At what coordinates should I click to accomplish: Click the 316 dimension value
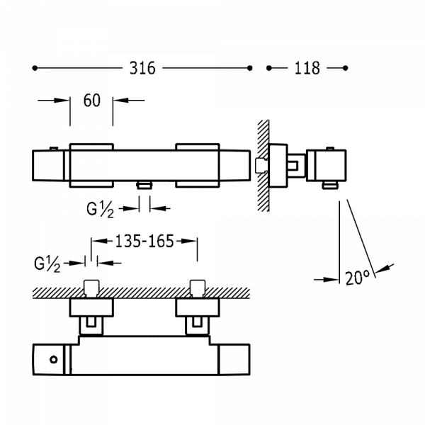tap(142, 68)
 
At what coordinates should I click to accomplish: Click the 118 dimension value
tap(307, 68)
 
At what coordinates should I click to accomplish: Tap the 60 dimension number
tap(92, 101)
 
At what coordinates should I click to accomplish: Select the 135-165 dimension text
tap(144, 241)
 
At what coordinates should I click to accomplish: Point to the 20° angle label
tap(358, 278)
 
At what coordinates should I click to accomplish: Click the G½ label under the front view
tap(101, 210)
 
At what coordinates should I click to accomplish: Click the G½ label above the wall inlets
tap(47, 264)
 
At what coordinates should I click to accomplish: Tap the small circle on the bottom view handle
tap(54, 360)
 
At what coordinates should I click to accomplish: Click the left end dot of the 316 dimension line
tap(35, 68)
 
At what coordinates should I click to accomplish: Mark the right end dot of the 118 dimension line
tap(346, 68)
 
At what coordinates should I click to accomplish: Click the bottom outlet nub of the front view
tap(144, 186)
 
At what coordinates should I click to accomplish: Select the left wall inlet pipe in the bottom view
tap(91, 288)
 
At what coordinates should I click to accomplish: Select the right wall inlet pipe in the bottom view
tap(198, 288)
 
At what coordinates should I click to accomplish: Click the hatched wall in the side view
tap(263, 165)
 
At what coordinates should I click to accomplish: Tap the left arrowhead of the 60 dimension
tap(62, 101)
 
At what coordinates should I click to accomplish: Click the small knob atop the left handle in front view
tap(54, 148)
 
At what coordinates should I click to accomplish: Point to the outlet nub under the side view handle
tap(330, 186)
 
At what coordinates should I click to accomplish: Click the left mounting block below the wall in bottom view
tap(91, 307)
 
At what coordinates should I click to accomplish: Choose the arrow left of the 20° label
tap(327, 280)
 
